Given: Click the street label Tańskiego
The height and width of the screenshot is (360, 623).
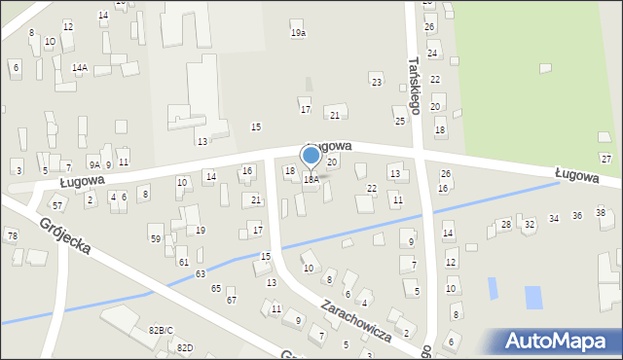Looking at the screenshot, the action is pyautogui.click(x=415, y=85).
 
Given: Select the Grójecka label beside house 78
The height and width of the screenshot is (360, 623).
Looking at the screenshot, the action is pyautogui.click(x=66, y=235).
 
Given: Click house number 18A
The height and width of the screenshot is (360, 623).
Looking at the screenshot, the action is pyautogui.click(x=311, y=180).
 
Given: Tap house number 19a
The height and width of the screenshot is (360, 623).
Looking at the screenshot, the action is pyautogui.click(x=298, y=33).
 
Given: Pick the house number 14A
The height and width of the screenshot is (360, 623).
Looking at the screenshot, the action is pyautogui.click(x=80, y=67).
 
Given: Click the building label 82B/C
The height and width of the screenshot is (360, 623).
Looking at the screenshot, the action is pyautogui.click(x=161, y=331).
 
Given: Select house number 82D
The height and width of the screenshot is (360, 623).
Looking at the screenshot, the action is pyautogui.click(x=184, y=348).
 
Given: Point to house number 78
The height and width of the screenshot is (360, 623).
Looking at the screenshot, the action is pyautogui.click(x=12, y=236).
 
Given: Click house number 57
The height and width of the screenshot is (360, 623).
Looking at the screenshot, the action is pyautogui.click(x=57, y=205).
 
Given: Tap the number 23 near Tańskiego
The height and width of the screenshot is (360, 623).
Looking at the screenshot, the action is pyautogui.click(x=377, y=83).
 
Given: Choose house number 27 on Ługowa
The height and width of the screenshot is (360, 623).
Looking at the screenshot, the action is pyautogui.click(x=605, y=159).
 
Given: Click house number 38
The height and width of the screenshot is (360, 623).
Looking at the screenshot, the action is pyautogui.click(x=601, y=213).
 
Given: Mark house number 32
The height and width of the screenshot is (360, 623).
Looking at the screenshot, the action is pyautogui.click(x=530, y=225).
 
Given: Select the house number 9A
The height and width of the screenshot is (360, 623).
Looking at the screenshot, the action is pyautogui.click(x=94, y=164).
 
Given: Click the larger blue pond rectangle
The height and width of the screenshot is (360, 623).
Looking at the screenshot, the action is pyautogui.click(x=533, y=297).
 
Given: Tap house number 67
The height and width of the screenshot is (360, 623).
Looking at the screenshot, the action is pyautogui.click(x=231, y=300).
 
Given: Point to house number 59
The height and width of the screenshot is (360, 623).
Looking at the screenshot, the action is pyautogui.click(x=155, y=238).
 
